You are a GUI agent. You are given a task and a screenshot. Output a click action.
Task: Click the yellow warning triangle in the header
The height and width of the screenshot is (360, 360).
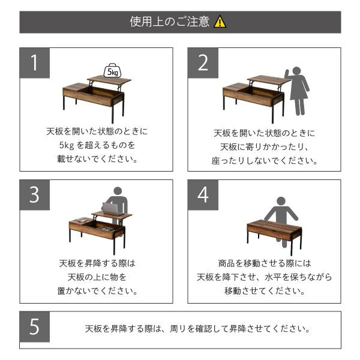[221, 22]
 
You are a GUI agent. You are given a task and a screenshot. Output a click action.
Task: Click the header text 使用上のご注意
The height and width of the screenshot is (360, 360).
[170, 22]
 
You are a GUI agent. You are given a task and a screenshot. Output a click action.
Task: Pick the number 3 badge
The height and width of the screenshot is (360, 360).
[35, 195]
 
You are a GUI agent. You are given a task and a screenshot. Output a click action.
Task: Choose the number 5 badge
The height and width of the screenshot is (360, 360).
[35, 329]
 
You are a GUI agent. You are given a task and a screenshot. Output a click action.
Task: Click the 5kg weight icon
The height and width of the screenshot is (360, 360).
[112, 71]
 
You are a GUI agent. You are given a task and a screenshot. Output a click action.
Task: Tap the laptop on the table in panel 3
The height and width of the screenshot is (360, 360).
[110, 209]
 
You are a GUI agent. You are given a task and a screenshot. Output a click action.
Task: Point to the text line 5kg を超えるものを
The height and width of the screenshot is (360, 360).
[97, 146]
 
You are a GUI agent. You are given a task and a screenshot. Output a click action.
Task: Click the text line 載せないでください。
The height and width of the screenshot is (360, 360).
[97, 160]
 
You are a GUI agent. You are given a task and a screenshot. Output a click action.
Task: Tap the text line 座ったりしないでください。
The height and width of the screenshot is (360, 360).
[265, 161]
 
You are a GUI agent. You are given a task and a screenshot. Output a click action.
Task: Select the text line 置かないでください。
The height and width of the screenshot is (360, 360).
[97, 292]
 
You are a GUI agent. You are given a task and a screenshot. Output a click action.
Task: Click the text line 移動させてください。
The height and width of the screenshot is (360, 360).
[265, 292]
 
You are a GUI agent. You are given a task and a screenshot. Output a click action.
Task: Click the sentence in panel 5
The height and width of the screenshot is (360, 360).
[198, 329]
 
